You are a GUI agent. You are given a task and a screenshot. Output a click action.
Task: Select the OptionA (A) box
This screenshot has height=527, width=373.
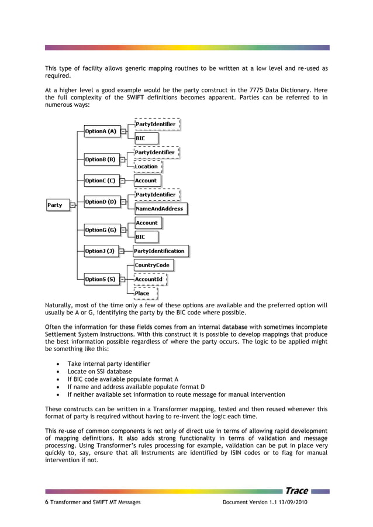101,132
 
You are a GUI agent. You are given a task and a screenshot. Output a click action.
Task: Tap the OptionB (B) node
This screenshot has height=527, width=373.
101,160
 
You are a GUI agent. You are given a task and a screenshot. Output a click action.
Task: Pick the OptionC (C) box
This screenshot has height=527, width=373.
101,181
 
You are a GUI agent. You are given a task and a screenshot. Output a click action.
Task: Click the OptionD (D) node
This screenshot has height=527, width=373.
101,202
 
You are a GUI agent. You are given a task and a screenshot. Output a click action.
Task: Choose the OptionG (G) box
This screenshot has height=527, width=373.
101,230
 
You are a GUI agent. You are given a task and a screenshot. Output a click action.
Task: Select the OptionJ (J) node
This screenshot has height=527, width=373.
101,251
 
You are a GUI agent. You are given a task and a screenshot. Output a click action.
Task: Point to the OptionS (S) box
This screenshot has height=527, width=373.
101,280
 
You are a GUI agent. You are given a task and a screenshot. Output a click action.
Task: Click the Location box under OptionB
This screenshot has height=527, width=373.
147,167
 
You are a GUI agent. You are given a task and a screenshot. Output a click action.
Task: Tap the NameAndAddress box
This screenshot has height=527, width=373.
160,209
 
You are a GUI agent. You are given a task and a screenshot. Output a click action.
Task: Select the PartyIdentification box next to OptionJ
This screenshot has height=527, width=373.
160,251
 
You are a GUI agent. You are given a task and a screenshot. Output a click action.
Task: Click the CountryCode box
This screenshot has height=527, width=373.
153,265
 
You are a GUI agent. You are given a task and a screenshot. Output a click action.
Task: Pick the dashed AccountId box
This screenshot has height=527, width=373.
149,280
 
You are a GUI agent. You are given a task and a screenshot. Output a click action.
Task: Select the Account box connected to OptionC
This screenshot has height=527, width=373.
146,181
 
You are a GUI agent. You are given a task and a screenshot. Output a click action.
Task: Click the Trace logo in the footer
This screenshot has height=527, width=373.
296,491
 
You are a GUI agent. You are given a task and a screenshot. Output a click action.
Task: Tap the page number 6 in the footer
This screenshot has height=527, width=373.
47,503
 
